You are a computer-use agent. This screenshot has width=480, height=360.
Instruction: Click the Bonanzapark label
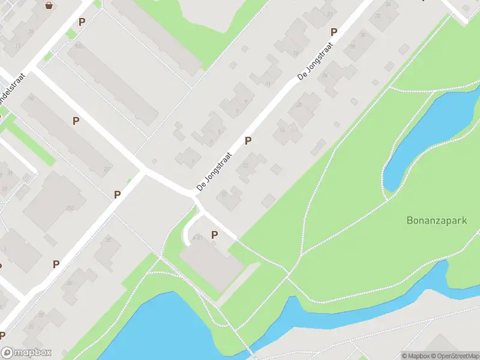click(436, 220)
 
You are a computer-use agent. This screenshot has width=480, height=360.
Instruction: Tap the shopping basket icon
click(49, 5)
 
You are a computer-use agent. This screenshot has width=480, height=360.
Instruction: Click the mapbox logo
click(26, 352)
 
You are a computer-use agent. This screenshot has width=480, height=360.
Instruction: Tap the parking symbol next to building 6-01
click(215, 235)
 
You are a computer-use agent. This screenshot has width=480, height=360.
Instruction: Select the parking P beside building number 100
click(82, 22)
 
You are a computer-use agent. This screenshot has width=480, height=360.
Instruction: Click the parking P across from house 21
click(334, 32)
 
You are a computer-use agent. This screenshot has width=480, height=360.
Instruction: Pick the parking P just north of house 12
click(248, 140)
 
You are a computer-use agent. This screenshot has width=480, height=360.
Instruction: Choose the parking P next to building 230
click(118, 194)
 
